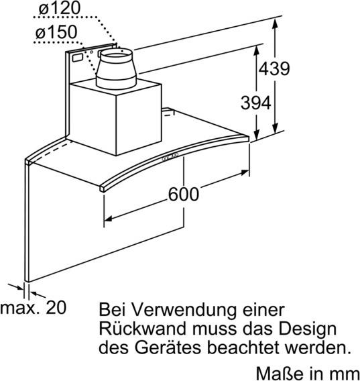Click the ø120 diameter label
pos(59,7)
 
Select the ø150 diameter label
pos(56,32)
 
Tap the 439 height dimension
pos(274,68)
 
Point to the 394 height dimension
pos(256,103)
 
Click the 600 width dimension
pos(184,194)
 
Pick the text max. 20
pos(34,307)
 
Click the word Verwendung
pos(184,310)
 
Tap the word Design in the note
pos(307,330)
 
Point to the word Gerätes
pos(168,347)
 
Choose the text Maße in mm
pos(308,374)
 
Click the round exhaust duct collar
pos(116,68)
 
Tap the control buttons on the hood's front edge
pos(170,157)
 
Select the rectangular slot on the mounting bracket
pos(78,58)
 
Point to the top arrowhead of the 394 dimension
pos(257,50)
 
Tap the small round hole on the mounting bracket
pos(92,52)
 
